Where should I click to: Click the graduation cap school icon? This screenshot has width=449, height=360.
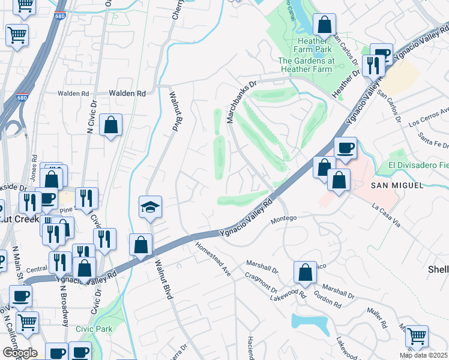click(x=151, y=207)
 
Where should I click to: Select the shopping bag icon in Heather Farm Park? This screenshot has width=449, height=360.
click(x=324, y=25)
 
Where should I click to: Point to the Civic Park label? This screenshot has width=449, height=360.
click(x=94, y=329)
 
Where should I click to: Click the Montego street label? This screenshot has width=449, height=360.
click(x=285, y=218)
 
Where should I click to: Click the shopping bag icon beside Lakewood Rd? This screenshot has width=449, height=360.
click(x=306, y=272)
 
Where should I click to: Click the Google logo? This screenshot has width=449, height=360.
click(x=19, y=353)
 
